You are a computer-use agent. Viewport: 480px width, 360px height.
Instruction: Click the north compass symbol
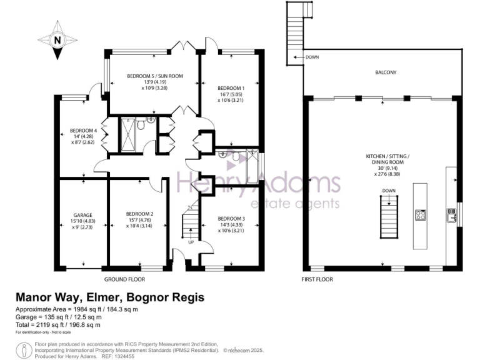[57, 40]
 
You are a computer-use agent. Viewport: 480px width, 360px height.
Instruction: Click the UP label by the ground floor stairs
[191, 242]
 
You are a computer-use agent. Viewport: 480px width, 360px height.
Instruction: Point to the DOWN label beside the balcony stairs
[313, 57]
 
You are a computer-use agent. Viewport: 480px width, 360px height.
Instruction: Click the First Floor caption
[316, 279]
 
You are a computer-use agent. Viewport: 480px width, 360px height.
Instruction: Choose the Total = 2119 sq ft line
[57, 325]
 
